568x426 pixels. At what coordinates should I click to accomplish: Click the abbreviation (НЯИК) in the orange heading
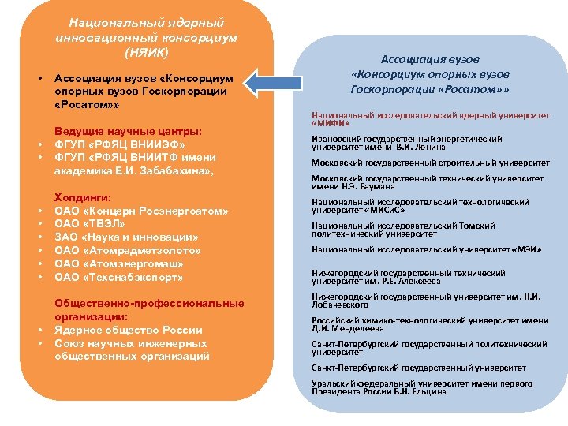147,52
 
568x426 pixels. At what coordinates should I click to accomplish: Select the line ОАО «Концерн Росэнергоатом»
141,211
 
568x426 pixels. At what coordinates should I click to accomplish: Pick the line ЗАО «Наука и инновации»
126,237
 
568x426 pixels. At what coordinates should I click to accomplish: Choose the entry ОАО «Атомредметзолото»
128,251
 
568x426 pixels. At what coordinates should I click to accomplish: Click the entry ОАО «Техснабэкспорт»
118,278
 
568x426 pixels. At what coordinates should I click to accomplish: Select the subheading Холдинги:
82,197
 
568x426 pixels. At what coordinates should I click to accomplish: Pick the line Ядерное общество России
128,331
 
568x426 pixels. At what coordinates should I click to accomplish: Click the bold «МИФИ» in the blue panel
331,124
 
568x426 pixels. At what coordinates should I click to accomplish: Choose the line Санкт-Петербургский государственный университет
418,368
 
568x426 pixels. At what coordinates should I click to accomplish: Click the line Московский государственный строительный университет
430,163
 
